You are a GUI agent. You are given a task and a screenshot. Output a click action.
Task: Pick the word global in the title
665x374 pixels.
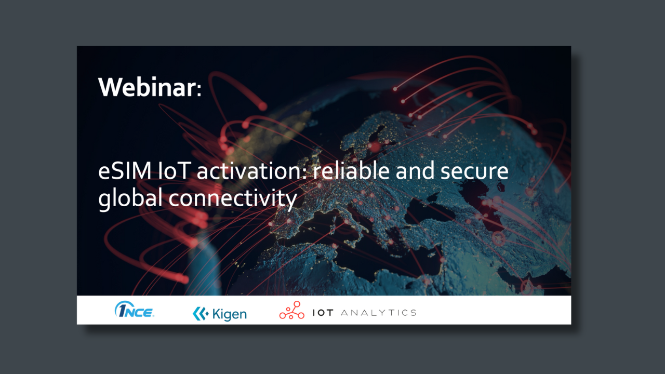(129, 198)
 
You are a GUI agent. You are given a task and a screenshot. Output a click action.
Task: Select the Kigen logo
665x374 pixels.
(219, 313)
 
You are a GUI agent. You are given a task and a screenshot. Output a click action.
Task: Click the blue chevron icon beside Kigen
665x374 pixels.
(200, 313)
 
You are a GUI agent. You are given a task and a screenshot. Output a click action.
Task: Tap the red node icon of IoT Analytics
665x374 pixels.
(291, 310)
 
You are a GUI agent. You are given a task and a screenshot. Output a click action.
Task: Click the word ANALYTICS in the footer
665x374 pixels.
(379, 313)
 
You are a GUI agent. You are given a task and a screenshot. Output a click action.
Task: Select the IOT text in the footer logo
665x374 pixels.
(323, 313)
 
